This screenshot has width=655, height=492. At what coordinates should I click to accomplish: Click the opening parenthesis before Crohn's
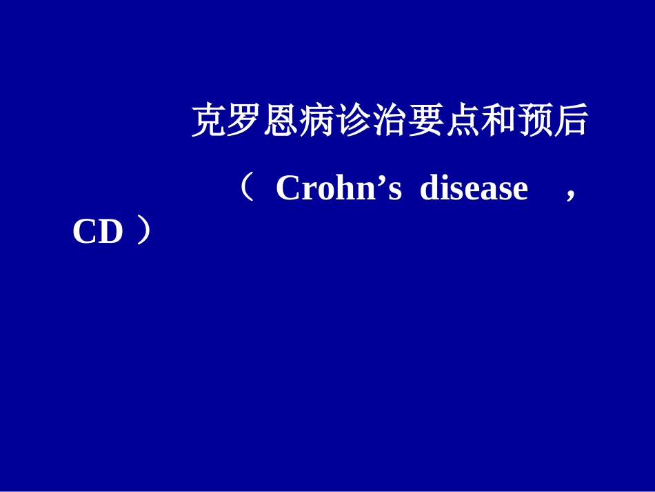(247, 187)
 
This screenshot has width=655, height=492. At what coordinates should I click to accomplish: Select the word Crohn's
(338, 188)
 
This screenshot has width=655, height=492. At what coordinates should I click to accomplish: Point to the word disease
(474, 188)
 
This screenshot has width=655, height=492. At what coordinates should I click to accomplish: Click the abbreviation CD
(97, 233)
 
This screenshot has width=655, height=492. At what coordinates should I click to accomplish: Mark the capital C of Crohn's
(288, 188)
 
